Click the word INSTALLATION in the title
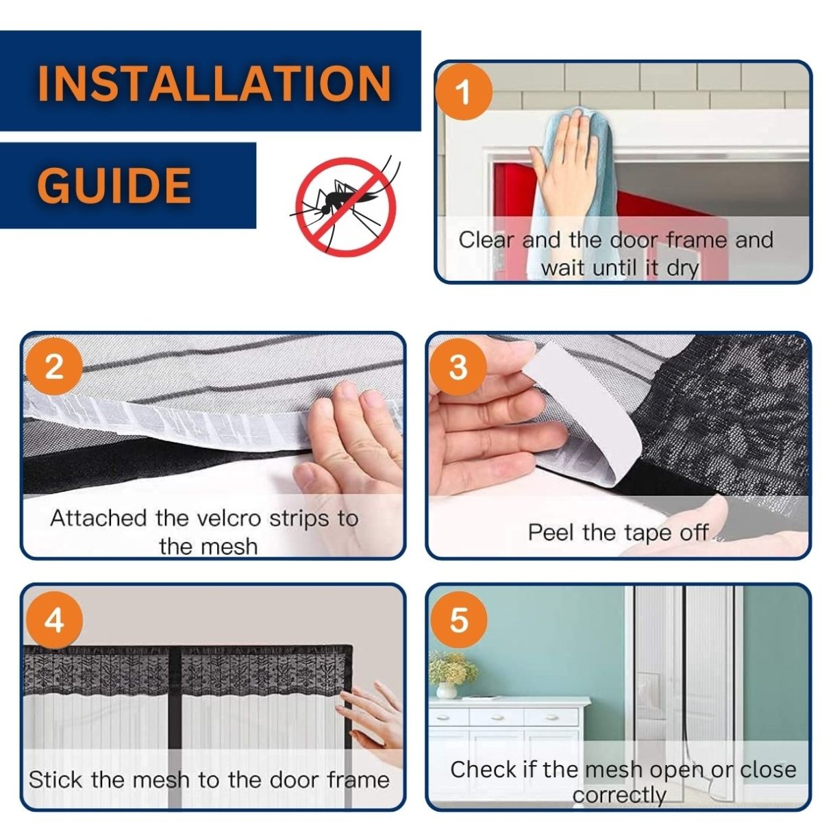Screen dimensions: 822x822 coord(214,82)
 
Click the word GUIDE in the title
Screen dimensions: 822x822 coord(114,185)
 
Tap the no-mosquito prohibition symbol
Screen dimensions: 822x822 coord(345,207)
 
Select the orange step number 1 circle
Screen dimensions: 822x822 coord(463,92)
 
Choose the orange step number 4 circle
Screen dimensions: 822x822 coord(54,621)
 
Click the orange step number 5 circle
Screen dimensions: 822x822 coord(458,619)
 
